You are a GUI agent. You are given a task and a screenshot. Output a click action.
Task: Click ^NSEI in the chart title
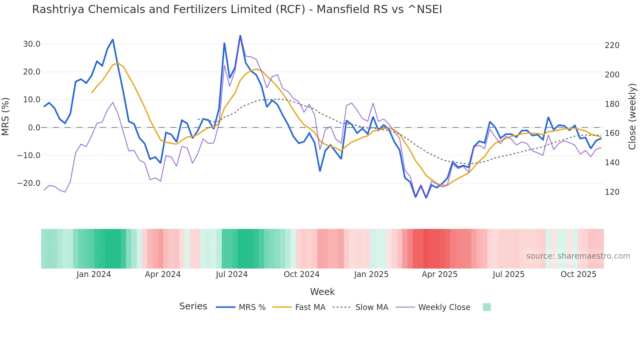tap(424, 9)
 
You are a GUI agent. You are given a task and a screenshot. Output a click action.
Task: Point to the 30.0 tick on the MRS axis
tap(32, 44)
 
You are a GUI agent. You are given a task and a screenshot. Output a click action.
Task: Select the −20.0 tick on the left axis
tap(29, 183)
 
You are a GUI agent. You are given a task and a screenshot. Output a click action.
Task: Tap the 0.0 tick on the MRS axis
tap(34, 128)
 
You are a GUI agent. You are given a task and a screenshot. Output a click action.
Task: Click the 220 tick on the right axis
tap(612, 45)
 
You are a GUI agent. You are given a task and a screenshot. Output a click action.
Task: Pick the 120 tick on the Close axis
tap(612, 192)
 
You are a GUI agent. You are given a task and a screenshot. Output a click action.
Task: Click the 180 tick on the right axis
tap(612, 104)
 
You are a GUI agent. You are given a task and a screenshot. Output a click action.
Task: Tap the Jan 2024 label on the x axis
tap(94, 274)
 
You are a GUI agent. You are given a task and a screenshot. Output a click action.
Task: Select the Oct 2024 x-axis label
tap(301, 274)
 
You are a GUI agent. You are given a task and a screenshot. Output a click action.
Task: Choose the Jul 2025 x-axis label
tap(508, 274)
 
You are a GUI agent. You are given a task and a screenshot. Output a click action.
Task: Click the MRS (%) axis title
tap(6, 117)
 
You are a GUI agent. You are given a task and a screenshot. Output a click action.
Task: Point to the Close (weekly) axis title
tap(632, 117)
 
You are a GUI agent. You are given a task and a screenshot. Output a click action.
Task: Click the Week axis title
tap(322, 292)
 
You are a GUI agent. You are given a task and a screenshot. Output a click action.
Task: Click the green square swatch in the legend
tap(487, 307)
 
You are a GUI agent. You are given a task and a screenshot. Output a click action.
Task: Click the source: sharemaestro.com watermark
tap(578, 256)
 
